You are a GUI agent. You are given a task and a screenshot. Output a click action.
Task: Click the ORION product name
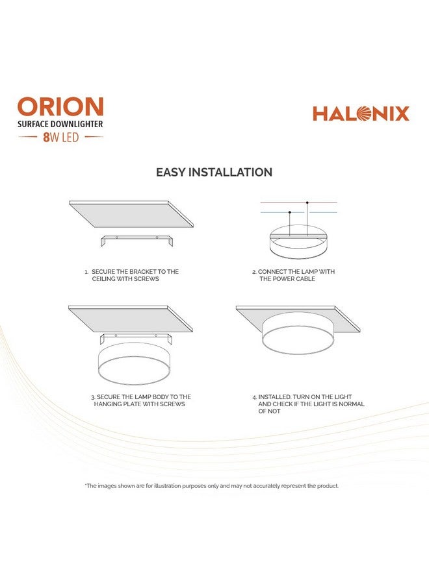[60, 107]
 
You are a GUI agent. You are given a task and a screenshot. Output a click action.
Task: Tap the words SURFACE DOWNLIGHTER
[60, 123]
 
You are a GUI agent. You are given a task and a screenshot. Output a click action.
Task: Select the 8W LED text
[60, 138]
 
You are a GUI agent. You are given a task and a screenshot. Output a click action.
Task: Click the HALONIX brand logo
[361, 114]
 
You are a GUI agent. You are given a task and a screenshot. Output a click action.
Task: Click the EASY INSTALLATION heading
[214, 173]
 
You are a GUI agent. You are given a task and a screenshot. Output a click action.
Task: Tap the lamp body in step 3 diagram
[136, 368]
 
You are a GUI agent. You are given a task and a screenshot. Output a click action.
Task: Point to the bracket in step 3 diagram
[136, 338]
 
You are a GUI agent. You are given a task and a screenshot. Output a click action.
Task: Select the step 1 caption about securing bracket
[131, 275]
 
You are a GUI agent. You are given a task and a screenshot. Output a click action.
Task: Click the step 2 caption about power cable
[294, 275]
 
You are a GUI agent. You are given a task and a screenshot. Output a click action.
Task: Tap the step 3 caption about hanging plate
[140, 400]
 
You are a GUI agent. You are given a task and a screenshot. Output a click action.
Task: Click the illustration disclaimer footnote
[212, 486]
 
